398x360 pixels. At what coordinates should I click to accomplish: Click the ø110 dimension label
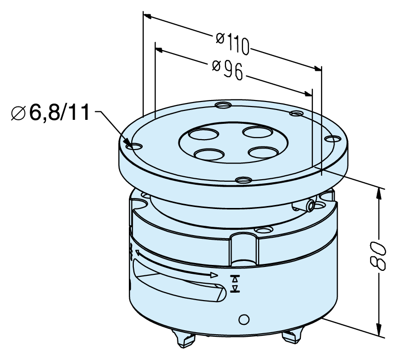[232, 44]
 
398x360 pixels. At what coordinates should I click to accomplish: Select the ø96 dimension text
[227, 69]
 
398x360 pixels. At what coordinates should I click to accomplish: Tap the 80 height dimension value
[378, 256]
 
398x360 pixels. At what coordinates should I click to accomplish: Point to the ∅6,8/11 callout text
[51, 112]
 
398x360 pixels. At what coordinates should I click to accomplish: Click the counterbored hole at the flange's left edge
[134, 146]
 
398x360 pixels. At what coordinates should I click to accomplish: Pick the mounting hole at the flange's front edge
[244, 180]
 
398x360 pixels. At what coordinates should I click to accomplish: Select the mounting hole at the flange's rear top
[223, 104]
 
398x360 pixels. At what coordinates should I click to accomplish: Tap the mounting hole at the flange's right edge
[333, 139]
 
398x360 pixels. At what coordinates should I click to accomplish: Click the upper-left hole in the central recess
[203, 134]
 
